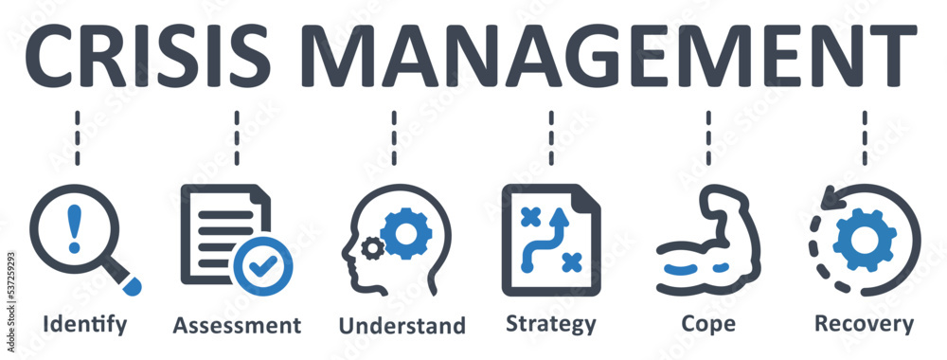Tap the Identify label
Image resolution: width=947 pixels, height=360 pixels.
click(84, 324)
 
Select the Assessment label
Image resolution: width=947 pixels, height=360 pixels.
click(237, 325)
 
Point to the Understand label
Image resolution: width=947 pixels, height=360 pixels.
click(402, 326)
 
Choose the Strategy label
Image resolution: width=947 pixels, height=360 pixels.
click(551, 324)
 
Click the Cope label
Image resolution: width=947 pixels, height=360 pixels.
click(708, 324)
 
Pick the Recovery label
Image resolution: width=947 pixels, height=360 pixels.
click(865, 324)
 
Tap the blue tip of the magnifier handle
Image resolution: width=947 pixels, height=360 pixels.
click(132, 281)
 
